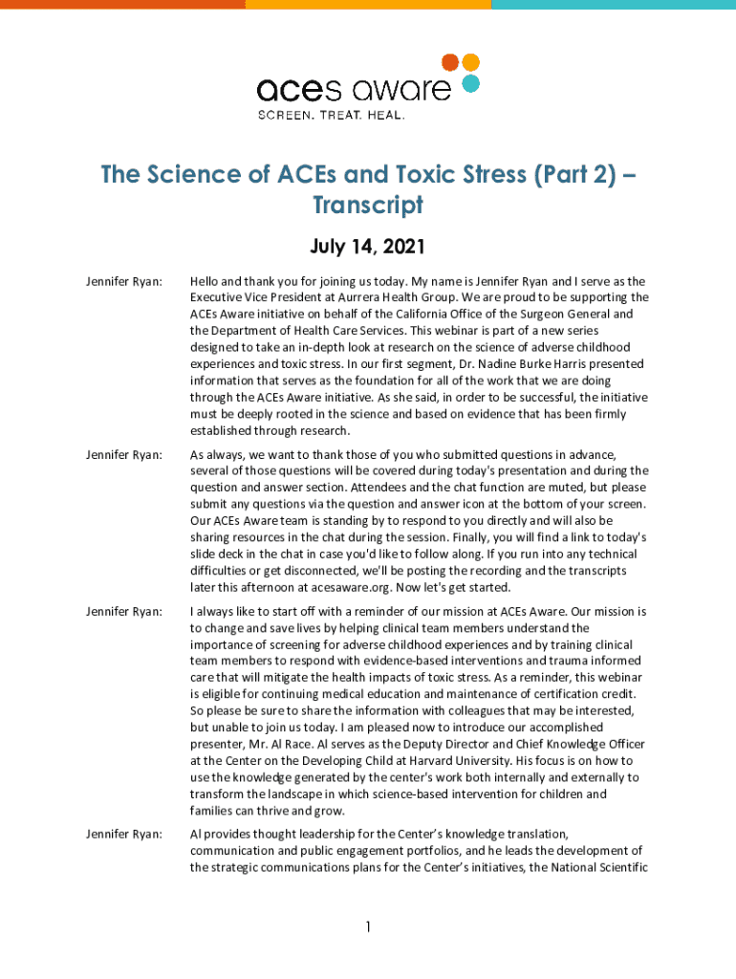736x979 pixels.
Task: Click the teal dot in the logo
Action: [469, 83]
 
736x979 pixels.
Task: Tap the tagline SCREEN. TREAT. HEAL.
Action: [331, 115]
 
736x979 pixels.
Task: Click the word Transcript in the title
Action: [368, 205]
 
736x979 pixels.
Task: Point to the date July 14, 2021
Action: [367, 248]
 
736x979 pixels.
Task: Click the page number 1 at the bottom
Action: [368, 927]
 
